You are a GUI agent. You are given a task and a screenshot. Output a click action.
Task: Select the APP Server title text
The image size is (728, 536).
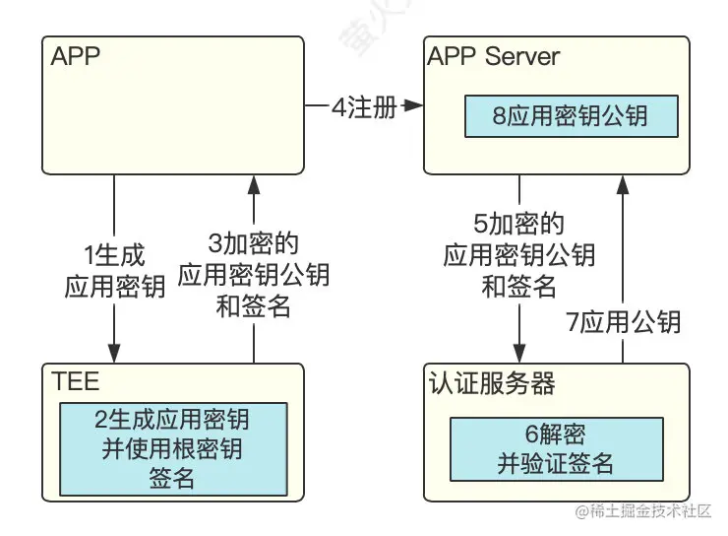point(493,56)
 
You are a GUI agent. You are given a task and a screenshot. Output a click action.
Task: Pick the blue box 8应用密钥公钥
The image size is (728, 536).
point(571,116)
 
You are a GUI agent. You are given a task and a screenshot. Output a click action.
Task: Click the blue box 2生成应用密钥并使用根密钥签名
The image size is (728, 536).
point(172,449)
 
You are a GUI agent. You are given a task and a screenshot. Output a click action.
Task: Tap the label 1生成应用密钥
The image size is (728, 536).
point(113,272)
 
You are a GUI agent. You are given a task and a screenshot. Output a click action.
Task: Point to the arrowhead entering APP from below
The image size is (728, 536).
point(254,184)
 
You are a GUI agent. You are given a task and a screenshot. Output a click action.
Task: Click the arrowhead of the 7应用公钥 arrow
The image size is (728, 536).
point(623,184)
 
